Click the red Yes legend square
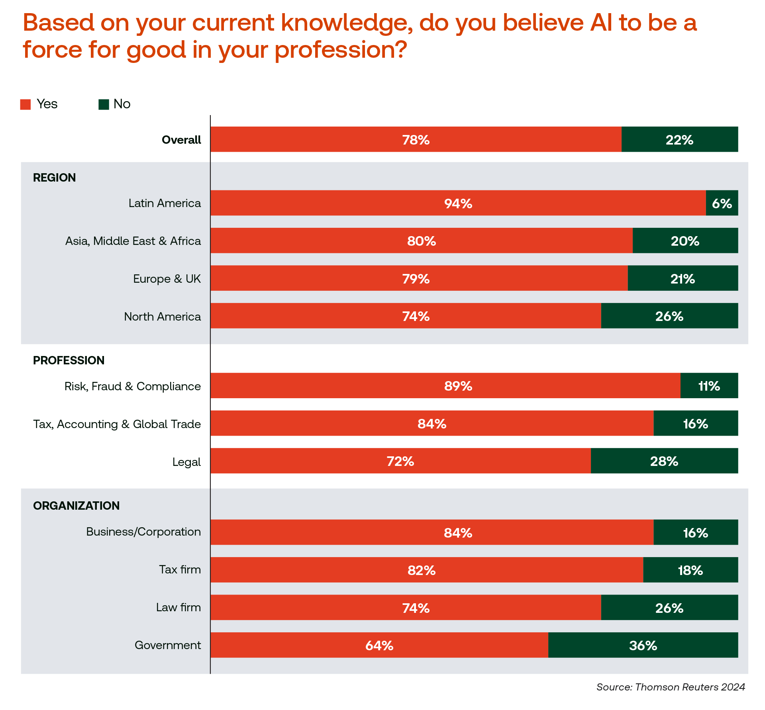click(x=25, y=104)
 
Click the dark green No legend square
click(x=104, y=104)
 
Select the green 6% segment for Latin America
click(x=722, y=203)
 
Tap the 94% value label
click(x=458, y=203)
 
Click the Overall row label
click(x=181, y=140)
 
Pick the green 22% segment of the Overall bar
click(x=679, y=139)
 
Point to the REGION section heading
click(x=54, y=178)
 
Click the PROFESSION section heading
click(x=69, y=360)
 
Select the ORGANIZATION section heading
click(x=76, y=506)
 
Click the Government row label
click(x=168, y=645)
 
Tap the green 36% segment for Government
click(x=643, y=645)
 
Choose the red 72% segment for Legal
click(x=400, y=461)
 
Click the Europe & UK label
click(x=167, y=279)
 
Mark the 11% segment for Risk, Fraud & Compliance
click(x=709, y=386)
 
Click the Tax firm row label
click(x=180, y=569)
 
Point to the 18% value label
click(x=690, y=570)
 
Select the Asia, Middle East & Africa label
click(x=133, y=241)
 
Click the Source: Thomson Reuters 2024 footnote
click(x=671, y=687)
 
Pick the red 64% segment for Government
click(x=379, y=645)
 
